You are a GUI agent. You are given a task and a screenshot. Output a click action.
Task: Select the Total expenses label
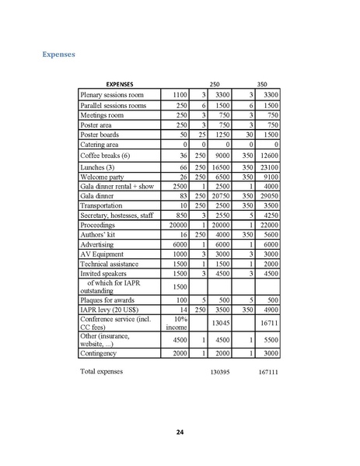102,371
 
